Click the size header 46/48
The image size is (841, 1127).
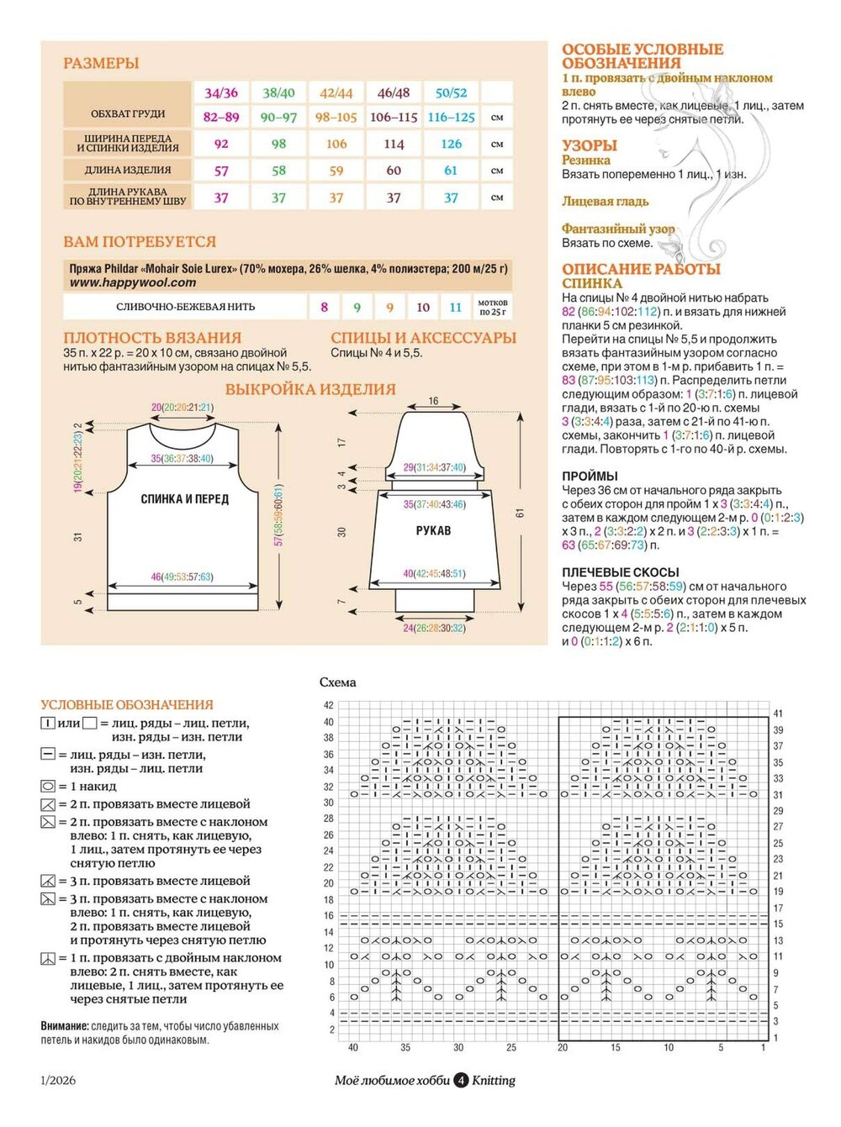394,92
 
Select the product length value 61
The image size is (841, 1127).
451,171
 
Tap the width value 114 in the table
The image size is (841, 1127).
394,144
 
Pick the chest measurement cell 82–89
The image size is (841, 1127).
221,117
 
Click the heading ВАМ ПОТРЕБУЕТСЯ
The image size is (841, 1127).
140,242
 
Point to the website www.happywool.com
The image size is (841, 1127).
133,282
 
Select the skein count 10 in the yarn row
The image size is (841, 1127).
423,308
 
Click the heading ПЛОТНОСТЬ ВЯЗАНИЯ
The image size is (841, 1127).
152,338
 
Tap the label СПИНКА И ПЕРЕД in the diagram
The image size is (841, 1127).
184,499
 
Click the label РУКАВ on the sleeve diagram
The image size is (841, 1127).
433,531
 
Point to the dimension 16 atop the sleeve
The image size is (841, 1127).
433,401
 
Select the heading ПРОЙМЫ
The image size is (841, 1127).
590,476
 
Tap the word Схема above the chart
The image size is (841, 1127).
337,682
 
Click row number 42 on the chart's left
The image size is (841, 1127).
329,706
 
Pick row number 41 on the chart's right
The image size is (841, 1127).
778,714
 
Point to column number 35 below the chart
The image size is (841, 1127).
405,1048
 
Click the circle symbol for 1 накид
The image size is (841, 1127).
48,787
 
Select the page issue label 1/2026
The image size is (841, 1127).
58,1081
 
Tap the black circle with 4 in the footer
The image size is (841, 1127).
461,1081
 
